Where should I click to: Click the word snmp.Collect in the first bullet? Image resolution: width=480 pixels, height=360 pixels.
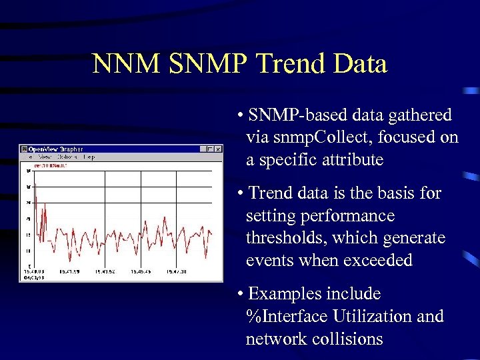point(319,137)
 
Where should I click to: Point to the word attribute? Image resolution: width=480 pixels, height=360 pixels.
point(353,160)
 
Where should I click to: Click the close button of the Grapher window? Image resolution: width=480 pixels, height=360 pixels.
point(218,149)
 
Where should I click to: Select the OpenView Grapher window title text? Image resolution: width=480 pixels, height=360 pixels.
point(56,149)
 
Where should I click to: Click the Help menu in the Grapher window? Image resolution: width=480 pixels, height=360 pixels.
point(88,157)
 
